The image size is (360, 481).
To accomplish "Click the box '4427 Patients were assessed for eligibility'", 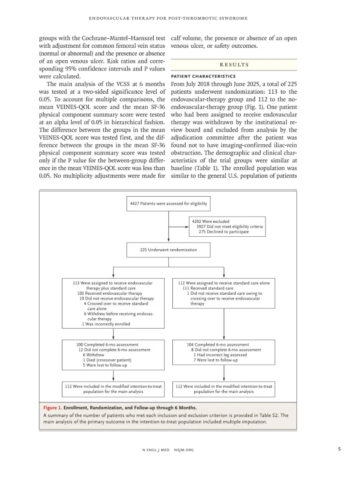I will pyautogui.click(x=168, y=203).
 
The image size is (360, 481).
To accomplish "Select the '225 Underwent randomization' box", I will pyautogui.click(x=168, y=250).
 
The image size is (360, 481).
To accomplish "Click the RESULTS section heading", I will pyautogui.click(x=234, y=65).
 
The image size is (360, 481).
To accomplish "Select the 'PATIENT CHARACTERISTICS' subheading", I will pyautogui.click(x=197, y=76).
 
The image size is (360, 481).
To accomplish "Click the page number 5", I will pyautogui.click(x=339, y=450).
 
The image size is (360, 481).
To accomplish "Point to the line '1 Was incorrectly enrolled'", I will pyautogui.click(x=106, y=324).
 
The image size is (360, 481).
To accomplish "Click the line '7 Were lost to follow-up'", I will pyautogui.click(x=215, y=360).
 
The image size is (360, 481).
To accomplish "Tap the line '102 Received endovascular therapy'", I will pyautogui.click(x=110, y=293).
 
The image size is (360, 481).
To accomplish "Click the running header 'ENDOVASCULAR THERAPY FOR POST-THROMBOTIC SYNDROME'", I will pyautogui.click(x=168, y=18).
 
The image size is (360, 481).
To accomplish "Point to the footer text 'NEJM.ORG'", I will pyautogui.click(x=184, y=450).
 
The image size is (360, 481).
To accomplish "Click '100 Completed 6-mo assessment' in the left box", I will pyautogui.click(x=107, y=345).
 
